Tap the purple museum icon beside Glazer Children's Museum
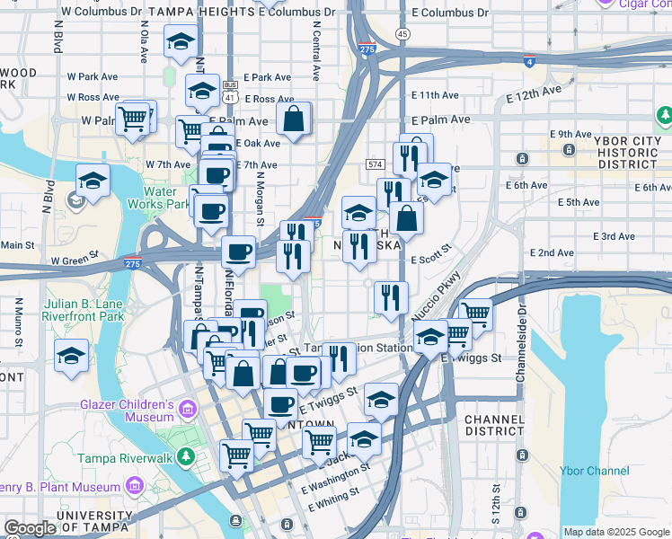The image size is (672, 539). point(188,410)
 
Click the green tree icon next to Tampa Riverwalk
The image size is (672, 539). point(186,456)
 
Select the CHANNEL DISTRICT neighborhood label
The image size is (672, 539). point(494,425)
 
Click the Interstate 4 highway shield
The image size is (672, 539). point(529,61)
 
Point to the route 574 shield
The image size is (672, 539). point(375,164)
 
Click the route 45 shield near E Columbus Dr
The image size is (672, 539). point(402,33)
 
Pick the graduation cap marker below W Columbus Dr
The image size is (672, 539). point(181,41)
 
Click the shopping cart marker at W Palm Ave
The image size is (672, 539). point(133,118)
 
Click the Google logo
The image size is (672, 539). point(30,528)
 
